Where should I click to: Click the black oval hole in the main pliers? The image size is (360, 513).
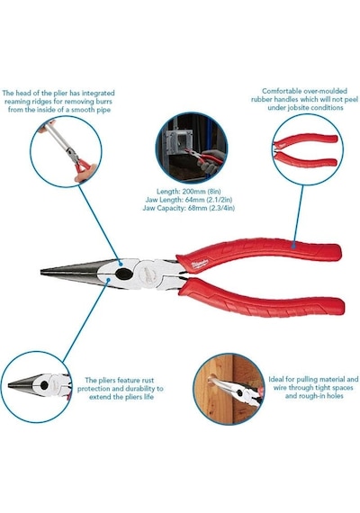pyautogui.click(x=124, y=274)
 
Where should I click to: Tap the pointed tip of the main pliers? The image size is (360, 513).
pyautogui.click(x=41, y=272)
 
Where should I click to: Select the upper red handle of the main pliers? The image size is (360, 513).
pyautogui.click(x=258, y=255)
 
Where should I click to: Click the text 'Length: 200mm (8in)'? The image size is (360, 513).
pyautogui.click(x=188, y=192)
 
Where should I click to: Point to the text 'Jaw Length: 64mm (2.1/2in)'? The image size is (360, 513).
pyautogui.click(x=189, y=200)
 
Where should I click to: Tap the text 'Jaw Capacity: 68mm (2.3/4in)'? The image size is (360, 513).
pyautogui.click(x=188, y=208)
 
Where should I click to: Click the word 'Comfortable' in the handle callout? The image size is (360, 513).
pyautogui.click(x=283, y=91)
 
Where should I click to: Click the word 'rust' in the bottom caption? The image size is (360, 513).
pyautogui.click(x=148, y=381)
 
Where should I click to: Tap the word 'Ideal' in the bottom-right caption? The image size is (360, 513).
pyautogui.click(x=276, y=380)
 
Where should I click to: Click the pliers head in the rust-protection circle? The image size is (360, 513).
pyautogui.click(x=39, y=385)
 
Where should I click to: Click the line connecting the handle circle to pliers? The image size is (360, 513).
pyautogui.click(x=298, y=214)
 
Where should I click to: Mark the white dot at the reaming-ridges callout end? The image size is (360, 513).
pyautogui.click(x=120, y=263)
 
